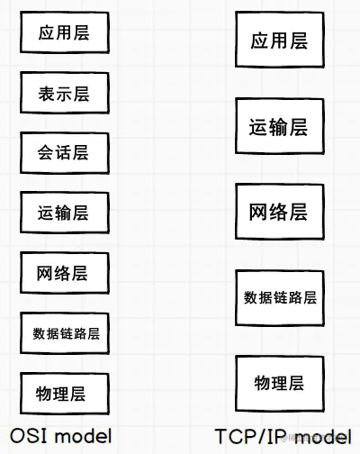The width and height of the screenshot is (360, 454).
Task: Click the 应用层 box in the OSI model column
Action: [65, 32]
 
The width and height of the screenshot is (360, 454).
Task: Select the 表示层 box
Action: [65, 93]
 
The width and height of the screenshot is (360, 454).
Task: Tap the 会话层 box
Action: [65, 153]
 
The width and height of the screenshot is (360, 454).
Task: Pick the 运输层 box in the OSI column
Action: [65, 213]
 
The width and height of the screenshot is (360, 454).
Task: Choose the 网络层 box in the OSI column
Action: [65, 273]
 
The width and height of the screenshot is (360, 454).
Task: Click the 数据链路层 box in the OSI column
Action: [65, 333]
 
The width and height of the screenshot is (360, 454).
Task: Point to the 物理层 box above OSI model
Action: [65, 394]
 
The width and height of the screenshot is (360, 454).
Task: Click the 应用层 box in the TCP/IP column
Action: [280, 40]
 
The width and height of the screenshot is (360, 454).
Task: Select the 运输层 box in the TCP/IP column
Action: [280, 126]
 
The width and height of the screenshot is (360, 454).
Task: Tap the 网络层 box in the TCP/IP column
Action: [280, 212]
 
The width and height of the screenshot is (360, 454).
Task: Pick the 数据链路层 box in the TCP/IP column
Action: [280, 298]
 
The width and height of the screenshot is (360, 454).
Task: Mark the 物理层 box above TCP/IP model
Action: [280, 384]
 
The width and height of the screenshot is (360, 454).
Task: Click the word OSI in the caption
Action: [29, 436]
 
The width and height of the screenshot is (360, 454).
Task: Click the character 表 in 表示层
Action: [46, 94]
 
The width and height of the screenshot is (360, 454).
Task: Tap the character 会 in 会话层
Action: [46, 152]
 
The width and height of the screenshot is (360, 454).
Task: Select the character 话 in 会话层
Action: [63, 152]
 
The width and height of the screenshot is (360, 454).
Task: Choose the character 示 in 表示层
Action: [64, 94]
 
